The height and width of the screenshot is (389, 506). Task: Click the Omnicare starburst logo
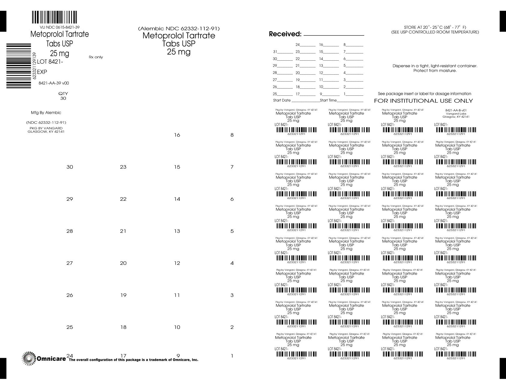(x=29, y=358)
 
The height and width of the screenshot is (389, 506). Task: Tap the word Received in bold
(x=285, y=34)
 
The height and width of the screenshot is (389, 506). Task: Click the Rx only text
(x=96, y=57)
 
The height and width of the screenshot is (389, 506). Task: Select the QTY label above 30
(x=63, y=93)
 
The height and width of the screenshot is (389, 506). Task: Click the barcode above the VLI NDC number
(x=54, y=17)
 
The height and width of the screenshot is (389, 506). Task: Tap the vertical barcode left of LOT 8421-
(x=19, y=65)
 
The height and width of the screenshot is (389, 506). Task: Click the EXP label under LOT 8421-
(x=42, y=72)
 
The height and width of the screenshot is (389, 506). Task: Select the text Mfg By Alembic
(x=46, y=113)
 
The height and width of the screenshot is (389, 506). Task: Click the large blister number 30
(x=70, y=167)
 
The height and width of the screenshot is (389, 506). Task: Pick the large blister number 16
(x=177, y=135)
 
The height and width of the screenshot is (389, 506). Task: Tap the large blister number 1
(x=232, y=356)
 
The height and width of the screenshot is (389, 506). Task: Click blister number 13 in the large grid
(x=177, y=231)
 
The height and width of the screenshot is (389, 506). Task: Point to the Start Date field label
(x=282, y=100)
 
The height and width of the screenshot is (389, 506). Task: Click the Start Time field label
(x=328, y=100)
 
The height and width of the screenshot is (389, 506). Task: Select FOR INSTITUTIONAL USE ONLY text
(x=423, y=101)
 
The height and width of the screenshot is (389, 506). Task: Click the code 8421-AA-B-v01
(x=456, y=110)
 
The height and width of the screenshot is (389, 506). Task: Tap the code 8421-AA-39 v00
(x=54, y=83)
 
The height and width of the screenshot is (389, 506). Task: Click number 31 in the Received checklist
(x=275, y=52)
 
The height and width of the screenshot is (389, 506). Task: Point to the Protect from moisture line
(x=435, y=71)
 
